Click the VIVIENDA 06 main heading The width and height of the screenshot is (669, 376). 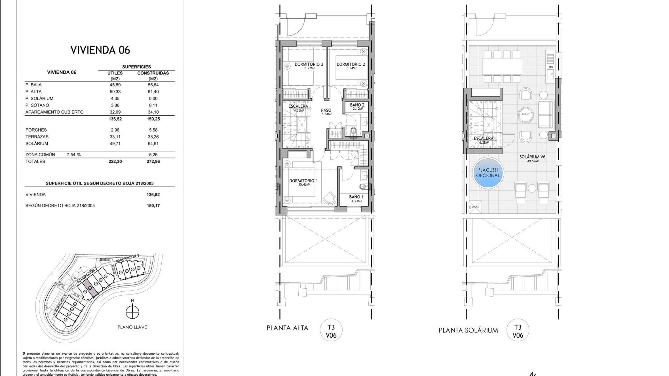click(100, 50)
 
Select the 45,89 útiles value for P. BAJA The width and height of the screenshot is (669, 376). click(115, 85)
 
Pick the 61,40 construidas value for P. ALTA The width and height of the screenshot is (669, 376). click(153, 92)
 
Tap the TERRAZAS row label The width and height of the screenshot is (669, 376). click(37, 137)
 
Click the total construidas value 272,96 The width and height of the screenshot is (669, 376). click(153, 162)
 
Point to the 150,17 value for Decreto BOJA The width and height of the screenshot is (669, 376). click(153, 206)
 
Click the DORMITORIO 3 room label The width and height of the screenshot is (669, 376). click(309, 64)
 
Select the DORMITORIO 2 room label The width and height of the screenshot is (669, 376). click(351, 64)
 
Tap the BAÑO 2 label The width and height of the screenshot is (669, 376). click(357, 105)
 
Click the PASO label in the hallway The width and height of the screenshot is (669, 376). click(326, 110)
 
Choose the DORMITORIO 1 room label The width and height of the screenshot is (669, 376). click(303, 181)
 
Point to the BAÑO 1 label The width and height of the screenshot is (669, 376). click(356, 197)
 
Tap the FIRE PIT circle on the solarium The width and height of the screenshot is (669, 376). click(525, 114)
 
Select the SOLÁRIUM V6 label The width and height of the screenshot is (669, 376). click(532, 157)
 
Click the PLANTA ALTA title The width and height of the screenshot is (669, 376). click(287, 328)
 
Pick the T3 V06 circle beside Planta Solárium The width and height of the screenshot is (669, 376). click(517, 331)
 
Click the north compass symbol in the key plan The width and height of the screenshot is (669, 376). click(132, 312)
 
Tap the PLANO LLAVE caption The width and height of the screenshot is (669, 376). click(132, 327)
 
